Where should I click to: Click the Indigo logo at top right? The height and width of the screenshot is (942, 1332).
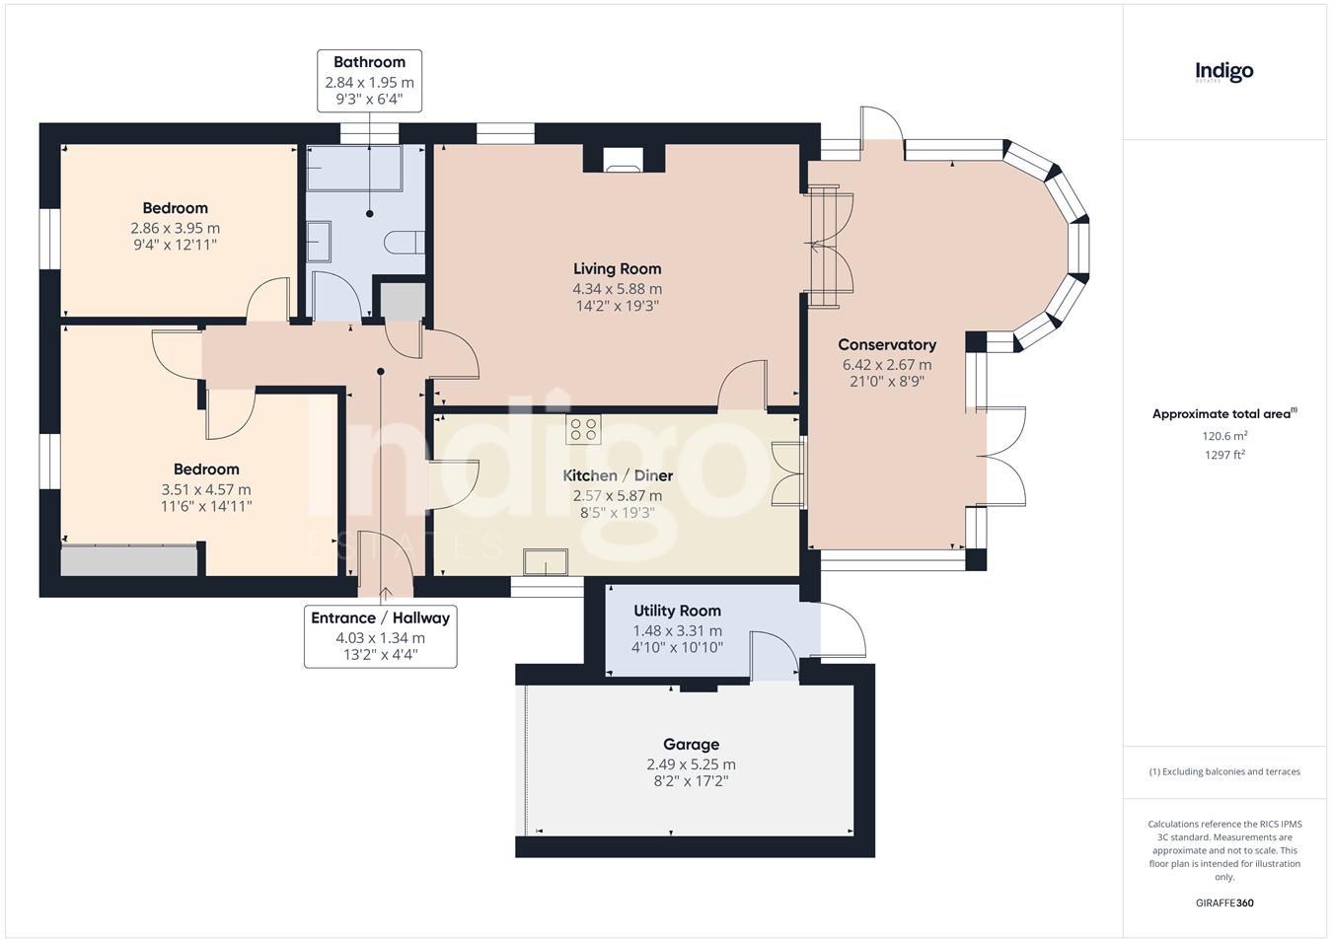click(1223, 73)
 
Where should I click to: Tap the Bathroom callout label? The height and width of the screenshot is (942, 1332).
click(369, 81)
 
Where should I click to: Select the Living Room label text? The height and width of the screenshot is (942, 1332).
click(618, 268)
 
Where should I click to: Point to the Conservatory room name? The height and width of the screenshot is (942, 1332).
click(887, 344)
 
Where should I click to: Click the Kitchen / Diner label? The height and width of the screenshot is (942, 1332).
click(618, 475)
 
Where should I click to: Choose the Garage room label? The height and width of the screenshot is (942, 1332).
click(691, 744)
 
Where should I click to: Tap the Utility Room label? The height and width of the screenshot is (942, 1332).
click(677, 611)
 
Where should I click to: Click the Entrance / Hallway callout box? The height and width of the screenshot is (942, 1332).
click(381, 636)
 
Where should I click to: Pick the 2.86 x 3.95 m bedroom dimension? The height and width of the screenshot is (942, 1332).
click(175, 228)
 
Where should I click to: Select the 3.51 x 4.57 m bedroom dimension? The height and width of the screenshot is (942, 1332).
click(206, 489)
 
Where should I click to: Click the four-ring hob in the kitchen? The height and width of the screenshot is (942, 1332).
click(583, 429)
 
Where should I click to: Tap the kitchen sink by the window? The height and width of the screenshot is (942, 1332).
click(546, 562)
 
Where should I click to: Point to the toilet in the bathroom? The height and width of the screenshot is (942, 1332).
click(405, 243)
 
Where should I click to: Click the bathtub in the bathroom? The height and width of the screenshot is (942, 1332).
click(355, 169)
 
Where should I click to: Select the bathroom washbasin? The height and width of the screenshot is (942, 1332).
click(319, 242)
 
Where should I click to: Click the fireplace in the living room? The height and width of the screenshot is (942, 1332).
click(624, 159)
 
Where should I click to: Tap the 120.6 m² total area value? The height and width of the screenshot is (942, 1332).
click(1224, 436)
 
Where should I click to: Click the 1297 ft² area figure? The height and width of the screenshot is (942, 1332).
click(1223, 455)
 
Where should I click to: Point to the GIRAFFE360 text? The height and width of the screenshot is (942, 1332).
click(1224, 903)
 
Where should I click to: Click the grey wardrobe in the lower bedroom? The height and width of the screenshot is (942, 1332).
click(129, 560)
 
